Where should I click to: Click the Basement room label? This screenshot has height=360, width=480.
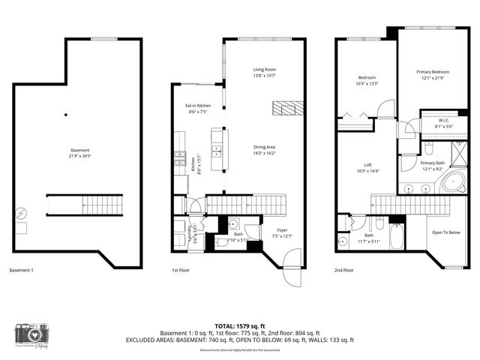point(78,154)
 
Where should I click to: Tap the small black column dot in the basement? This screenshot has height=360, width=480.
point(66,115)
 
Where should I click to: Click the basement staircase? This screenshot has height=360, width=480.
point(85,204)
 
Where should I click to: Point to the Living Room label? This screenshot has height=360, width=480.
point(265,73)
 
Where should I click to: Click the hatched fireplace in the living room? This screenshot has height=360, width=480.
point(288,108)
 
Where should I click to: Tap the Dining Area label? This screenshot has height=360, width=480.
point(265,150)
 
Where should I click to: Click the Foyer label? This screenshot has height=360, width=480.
point(282,233)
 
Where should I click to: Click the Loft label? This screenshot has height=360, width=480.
point(367,167)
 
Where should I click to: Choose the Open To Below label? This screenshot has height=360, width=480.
point(446,232)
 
